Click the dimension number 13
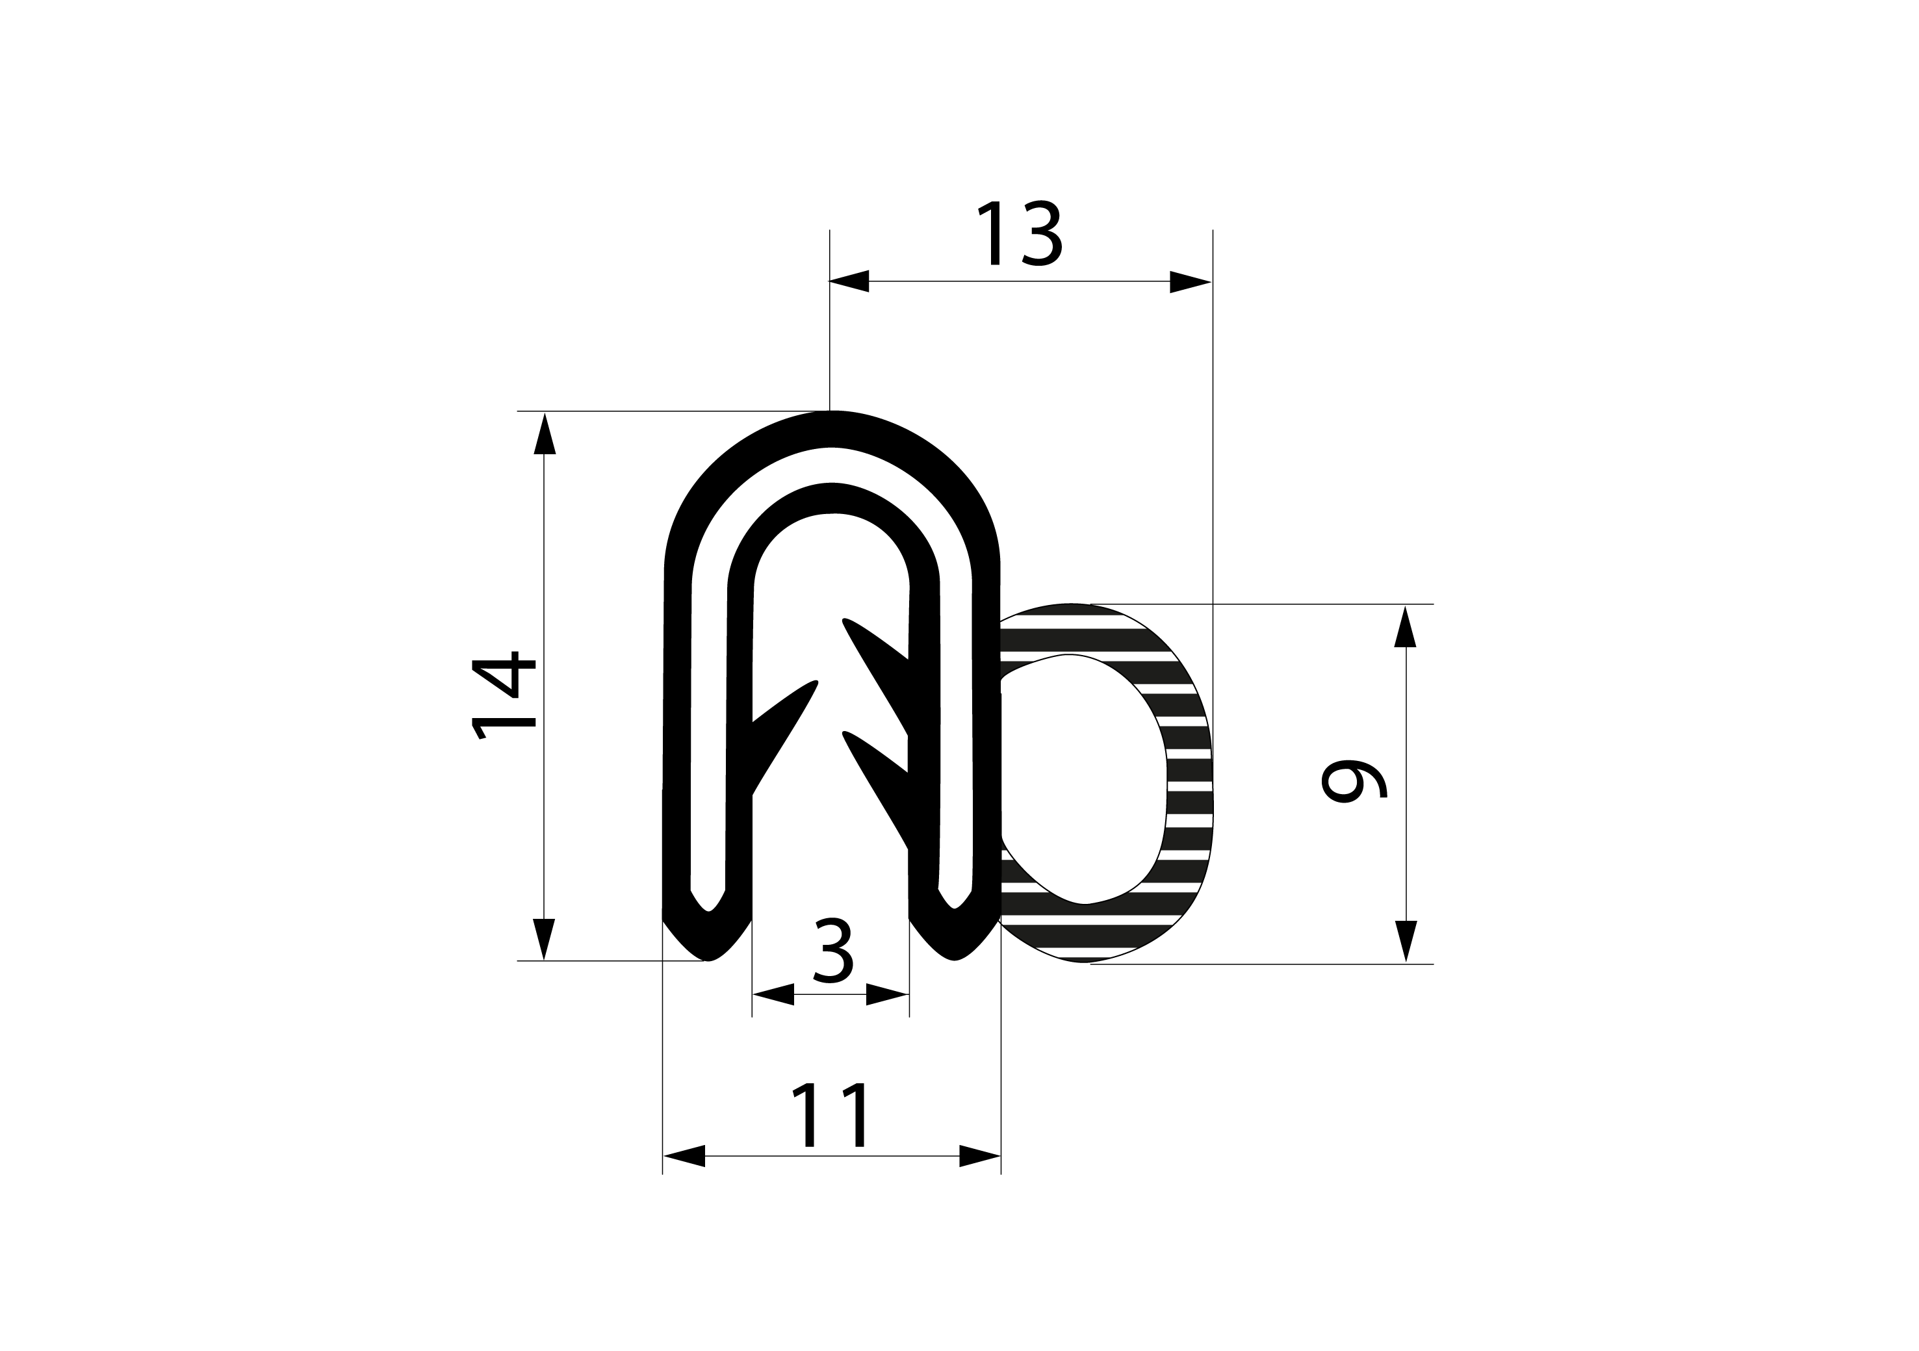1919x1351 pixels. click(x=1019, y=233)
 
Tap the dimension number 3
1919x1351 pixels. click(x=832, y=951)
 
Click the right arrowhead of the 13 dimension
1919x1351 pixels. click(x=1190, y=282)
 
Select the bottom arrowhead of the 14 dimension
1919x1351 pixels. click(x=544, y=939)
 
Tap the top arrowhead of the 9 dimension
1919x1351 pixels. click(x=1405, y=626)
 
